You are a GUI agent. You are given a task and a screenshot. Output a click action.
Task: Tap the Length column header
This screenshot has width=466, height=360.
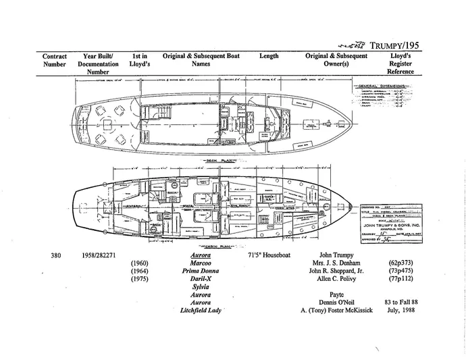pyautogui.click(x=269, y=56)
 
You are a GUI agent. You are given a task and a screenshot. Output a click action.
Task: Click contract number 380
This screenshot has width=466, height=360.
pyautogui.click(x=57, y=256)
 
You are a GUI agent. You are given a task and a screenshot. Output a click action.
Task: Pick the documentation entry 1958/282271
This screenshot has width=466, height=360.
pyautogui.click(x=103, y=256)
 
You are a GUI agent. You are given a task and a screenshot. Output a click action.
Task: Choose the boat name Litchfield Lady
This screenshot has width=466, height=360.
pyautogui.click(x=199, y=311)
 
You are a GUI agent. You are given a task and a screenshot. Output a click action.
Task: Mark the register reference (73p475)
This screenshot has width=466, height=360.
pyautogui.click(x=403, y=272)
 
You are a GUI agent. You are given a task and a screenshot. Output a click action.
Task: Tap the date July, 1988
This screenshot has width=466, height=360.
pyautogui.click(x=403, y=311)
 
